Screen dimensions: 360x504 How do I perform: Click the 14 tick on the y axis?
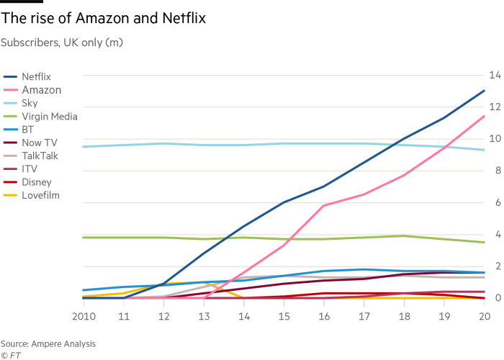pos(495,75)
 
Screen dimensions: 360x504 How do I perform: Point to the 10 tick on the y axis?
pos(495,139)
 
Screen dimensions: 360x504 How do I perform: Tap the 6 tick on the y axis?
pos(495,202)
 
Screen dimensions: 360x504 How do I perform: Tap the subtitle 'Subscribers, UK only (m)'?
pos(62,42)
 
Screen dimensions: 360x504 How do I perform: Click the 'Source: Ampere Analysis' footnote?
pos(48,343)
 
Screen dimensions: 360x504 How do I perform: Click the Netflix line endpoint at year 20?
pos(484,91)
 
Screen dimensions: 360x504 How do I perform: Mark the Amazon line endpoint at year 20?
pos(484,116)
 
